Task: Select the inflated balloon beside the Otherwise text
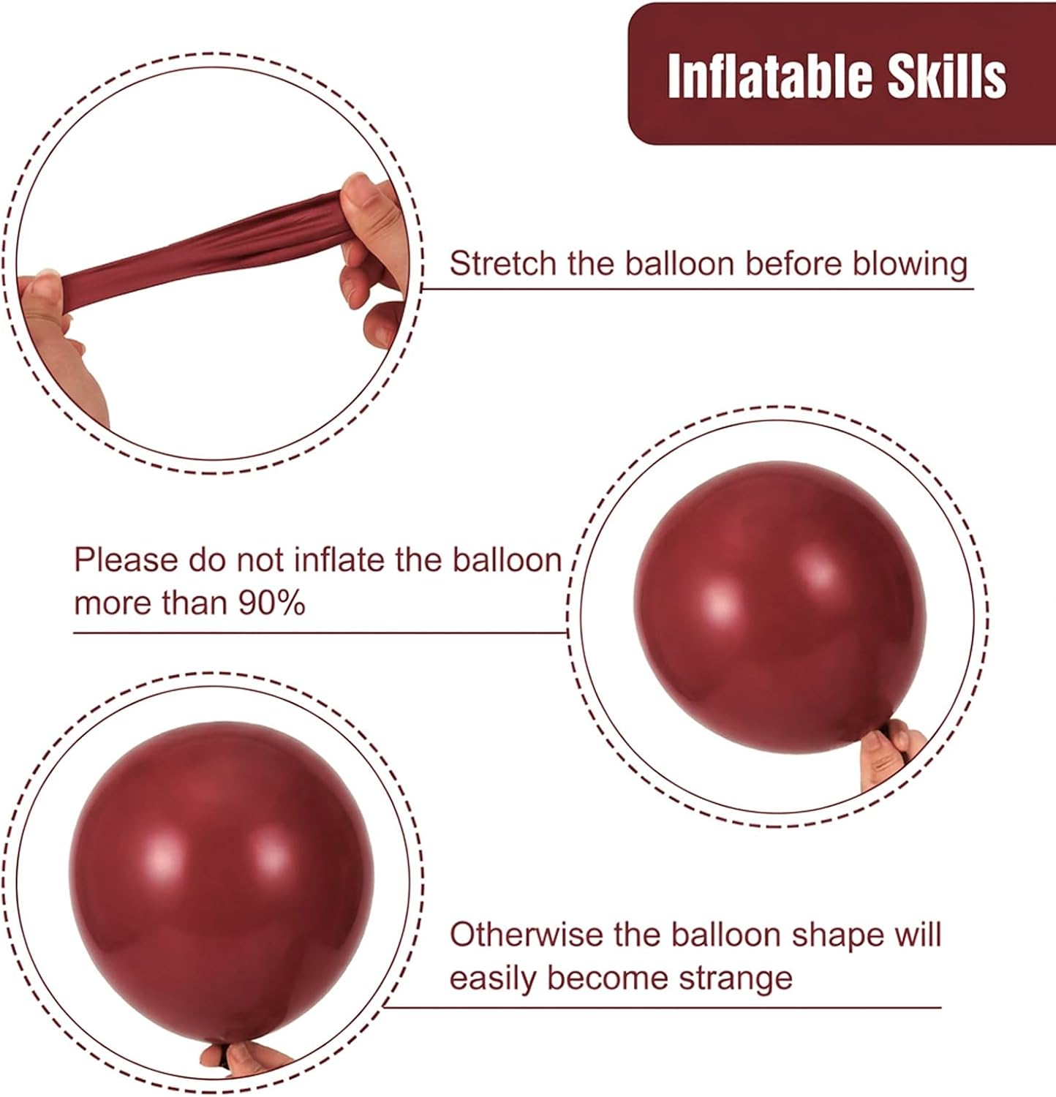[x=219, y=878]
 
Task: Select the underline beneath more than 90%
[x=322, y=633]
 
